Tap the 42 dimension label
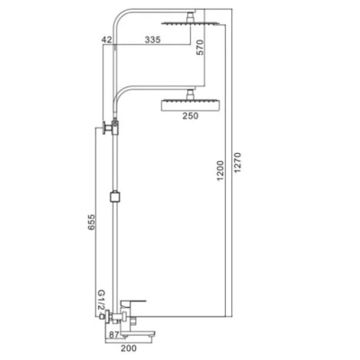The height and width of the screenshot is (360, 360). [107, 39]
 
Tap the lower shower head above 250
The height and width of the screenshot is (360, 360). [190, 105]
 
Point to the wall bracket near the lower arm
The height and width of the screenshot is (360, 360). [112, 128]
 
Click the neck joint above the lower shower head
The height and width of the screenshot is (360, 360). [190, 95]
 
